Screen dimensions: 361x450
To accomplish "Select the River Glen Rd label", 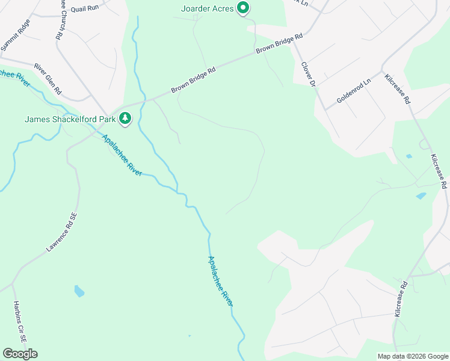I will point(48,79).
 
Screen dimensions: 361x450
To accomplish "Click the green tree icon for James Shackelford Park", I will point(125,119).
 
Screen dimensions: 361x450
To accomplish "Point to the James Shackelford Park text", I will point(70,119).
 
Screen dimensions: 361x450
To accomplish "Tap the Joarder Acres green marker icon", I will point(242,8).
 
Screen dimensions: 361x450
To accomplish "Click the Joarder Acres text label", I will point(208,8).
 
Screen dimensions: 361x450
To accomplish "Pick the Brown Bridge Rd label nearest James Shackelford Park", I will point(193,81).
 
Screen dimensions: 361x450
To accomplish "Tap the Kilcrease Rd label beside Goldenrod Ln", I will point(398,90).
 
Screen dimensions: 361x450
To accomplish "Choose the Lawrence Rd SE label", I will point(62,232).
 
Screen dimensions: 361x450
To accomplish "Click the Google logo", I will point(20,353).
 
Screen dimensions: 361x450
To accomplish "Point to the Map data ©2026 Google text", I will point(412,356).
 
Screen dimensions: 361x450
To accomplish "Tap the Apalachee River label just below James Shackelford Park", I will point(122,155).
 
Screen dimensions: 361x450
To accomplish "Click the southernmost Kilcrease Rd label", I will point(401,298).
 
